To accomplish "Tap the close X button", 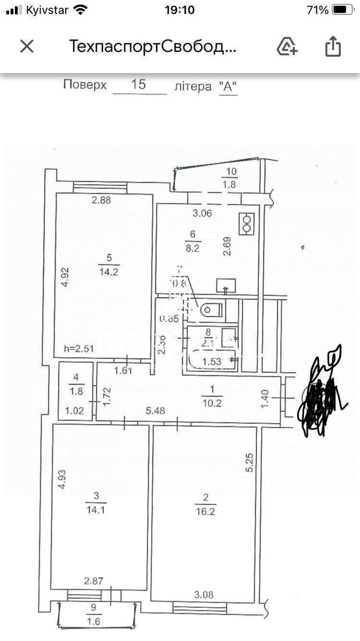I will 27,46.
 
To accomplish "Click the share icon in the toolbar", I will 333,46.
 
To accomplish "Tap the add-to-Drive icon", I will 287,47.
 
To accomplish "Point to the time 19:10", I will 179,10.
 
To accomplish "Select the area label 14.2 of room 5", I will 108,270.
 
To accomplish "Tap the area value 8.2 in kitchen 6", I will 192,248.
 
